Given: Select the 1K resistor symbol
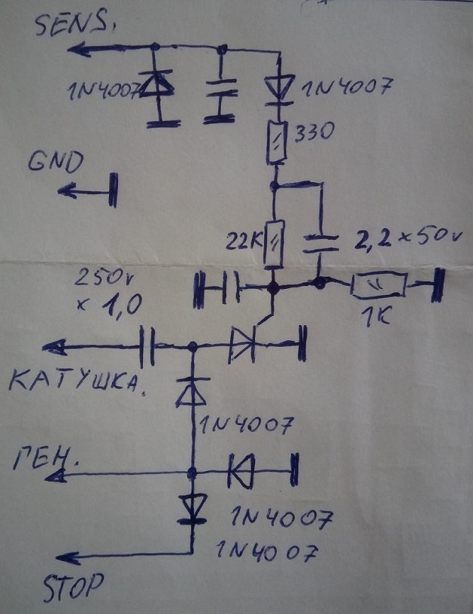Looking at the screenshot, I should [378, 286].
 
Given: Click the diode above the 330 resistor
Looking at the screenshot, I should [279, 89].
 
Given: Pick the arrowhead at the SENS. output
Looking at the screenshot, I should [78, 50].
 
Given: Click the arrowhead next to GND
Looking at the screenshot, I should [70, 191].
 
